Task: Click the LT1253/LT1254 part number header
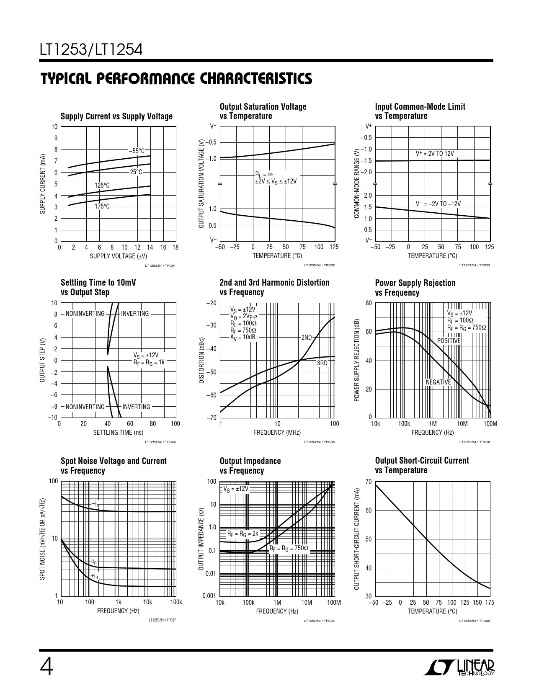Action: coord(91,50)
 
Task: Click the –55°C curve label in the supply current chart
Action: coord(137,151)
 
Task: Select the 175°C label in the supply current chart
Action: coord(102,206)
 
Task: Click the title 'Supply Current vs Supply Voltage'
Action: coord(116,116)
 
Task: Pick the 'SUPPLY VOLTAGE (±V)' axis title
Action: coord(119,256)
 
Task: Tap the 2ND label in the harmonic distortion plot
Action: coord(307,338)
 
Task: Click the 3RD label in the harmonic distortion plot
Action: coord(322,363)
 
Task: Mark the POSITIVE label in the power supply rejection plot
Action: coord(449,341)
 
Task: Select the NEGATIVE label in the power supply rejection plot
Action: coord(438,382)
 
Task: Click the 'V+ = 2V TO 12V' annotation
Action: coord(434,154)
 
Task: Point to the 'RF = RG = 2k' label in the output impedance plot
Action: coord(243,534)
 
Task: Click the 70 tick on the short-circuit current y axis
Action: coord(368,482)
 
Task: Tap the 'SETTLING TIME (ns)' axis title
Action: coord(118,433)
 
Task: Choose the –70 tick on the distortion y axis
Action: coord(211,418)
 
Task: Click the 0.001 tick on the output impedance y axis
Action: coord(209,596)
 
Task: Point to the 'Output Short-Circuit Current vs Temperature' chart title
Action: coord(422,465)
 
